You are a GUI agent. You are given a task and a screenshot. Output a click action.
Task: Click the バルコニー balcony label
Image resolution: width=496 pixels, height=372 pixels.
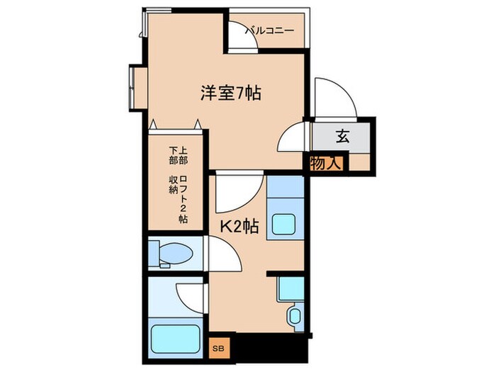point(270,30)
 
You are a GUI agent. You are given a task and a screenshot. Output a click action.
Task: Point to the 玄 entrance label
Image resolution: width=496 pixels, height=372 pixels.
point(342,137)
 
